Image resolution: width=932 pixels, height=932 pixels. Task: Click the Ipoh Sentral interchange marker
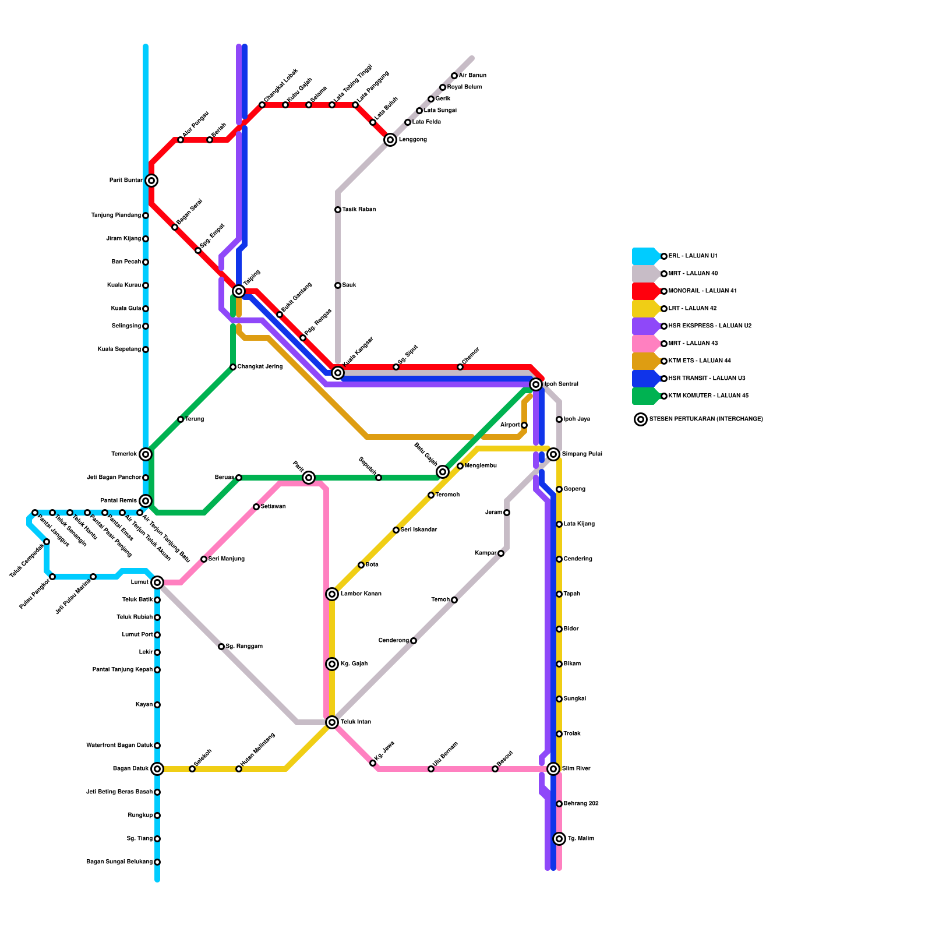[536, 384]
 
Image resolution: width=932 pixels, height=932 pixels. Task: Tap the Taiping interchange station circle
[239, 291]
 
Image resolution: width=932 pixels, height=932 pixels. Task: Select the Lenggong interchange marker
[390, 140]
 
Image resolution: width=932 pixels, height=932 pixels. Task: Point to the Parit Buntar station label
[125, 181]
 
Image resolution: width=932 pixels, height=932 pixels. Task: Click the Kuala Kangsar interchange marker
[338, 373]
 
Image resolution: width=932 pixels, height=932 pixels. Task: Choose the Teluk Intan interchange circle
[332, 722]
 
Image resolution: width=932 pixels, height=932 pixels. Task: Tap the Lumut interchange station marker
[157, 582]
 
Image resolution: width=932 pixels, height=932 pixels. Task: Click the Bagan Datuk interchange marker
[157, 769]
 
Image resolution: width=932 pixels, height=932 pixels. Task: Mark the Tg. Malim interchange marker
[559, 839]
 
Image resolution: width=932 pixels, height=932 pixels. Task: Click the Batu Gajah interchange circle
[443, 472]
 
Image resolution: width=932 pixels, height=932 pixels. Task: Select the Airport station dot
[524, 425]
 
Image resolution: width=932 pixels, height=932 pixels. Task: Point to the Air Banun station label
[472, 76]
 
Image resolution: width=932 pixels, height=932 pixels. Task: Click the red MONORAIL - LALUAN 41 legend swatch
[645, 291]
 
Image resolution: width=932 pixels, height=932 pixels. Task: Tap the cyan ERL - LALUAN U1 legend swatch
[645, 256]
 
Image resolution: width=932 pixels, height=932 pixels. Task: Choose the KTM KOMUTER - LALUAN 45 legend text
[708, 396]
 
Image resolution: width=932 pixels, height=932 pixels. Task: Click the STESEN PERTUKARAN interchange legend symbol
[641, 419]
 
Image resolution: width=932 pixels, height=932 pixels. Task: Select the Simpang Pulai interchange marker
[553, 454]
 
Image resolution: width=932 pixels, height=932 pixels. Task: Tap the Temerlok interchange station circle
[146, 454]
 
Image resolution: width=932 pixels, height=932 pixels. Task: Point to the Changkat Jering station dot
[233, 367]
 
